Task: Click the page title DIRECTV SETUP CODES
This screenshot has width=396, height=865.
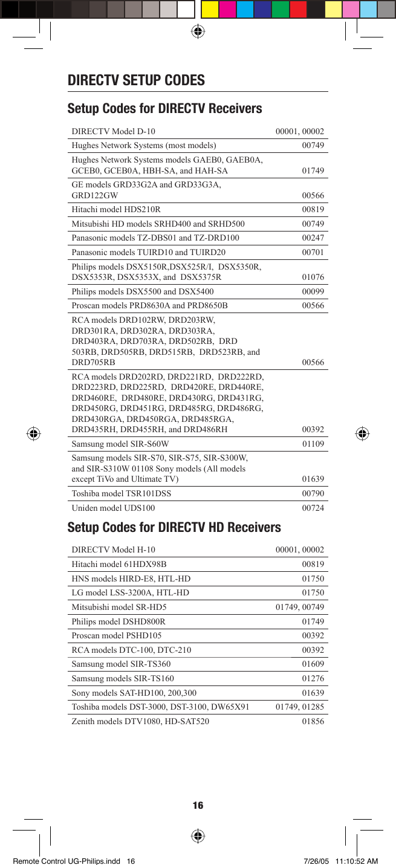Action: coord(136,80)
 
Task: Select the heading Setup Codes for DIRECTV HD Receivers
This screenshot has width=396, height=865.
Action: coord(174,527)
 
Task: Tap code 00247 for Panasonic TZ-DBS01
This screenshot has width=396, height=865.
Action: coord(313,238)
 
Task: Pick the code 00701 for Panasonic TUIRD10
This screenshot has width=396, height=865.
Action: coord(313,252)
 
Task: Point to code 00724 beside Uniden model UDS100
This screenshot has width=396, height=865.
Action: coord(313,508)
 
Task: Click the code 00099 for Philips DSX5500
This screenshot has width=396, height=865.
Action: coord(313,291)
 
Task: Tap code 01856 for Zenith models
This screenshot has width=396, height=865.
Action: coord(313,721)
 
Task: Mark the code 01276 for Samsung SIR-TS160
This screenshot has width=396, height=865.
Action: coord(313,678)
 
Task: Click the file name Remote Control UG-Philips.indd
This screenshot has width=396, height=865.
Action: coord(68,860)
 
